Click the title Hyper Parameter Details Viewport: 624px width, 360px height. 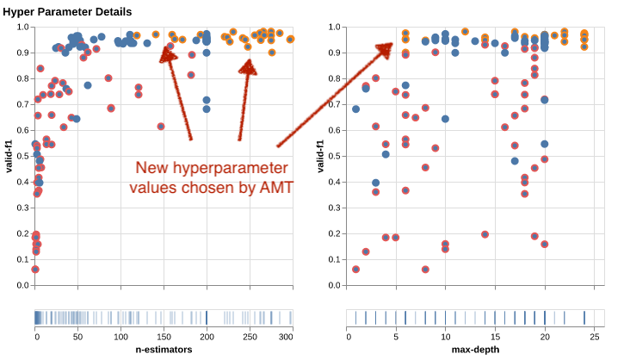click(x=67, y=11)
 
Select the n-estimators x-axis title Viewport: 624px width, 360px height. click(x=164, y=350)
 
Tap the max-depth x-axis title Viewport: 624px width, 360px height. click(x=474, y=350)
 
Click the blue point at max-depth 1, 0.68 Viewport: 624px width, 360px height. click(x=355, y=109)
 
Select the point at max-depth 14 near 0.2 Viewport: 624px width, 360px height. click(x=485, y=234)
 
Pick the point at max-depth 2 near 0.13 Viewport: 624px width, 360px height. click(x=366, y=251)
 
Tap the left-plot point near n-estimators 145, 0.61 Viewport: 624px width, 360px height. click(x=161, y=127)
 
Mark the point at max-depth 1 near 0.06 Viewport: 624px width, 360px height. click(x=355, y=270)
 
